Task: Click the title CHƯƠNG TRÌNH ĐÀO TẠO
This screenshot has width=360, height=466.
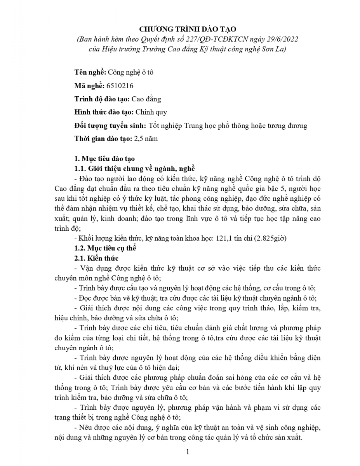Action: click(188, 29)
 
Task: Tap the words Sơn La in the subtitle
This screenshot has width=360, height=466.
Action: click(274, 49)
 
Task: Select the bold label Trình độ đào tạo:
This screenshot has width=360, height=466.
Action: click(102, 99)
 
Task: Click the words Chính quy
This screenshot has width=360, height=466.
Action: click(151, 112)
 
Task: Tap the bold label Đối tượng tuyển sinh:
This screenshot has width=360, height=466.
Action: click(110, 125)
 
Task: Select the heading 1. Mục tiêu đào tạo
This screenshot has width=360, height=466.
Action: click(104, 158)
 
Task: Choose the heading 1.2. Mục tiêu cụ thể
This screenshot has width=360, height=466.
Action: click(105, 248)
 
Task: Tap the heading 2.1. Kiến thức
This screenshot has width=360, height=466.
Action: click(96, 258)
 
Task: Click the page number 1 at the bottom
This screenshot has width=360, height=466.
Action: click(187, 452)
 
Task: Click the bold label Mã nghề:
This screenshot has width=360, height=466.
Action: click(89, 86)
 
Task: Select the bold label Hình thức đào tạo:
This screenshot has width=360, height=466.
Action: click(104, 112)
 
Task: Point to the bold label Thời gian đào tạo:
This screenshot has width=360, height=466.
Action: click(103, 139)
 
